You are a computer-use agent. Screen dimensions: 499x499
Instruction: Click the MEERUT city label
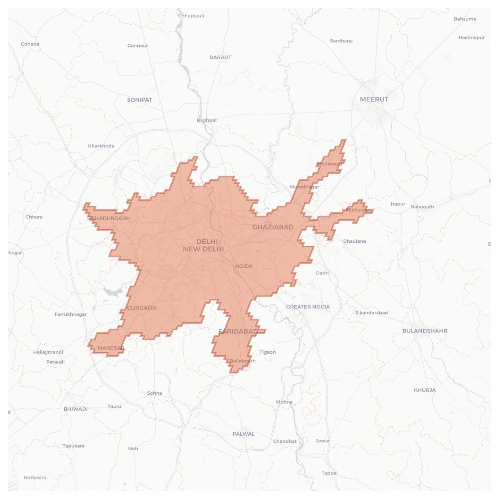(374, 99)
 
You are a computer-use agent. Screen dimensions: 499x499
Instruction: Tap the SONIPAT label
(139, 100)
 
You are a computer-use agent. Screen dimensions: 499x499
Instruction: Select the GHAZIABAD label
(273, 227)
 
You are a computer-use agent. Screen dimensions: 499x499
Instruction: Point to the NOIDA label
(244, 266)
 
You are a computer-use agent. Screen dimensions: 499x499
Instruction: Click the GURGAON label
(141, 308)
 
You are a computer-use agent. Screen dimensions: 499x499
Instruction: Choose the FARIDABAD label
(238, 332)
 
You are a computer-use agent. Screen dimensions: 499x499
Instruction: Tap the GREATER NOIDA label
(308, 307)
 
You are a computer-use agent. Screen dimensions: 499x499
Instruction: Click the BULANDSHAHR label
(425, 331)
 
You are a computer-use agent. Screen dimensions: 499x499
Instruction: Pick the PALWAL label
(243, 434)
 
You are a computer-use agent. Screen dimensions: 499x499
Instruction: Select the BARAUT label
(220, 57)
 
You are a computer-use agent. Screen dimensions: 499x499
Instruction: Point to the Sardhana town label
(341, 41)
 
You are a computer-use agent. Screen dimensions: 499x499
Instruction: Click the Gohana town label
(30, 44)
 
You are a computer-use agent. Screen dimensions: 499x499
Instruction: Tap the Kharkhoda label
(101, 146)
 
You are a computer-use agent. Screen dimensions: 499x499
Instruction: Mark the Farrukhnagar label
(71, 314)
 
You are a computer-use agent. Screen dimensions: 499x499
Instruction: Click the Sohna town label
(154, 393)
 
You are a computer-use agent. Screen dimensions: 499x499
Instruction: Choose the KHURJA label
(425, 390)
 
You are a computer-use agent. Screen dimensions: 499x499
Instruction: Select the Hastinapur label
(471, 38)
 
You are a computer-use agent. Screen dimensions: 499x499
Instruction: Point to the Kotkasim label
(35, 477)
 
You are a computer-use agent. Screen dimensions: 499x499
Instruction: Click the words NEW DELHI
(203, 249)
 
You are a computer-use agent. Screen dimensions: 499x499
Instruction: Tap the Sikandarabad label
(371, 313)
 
